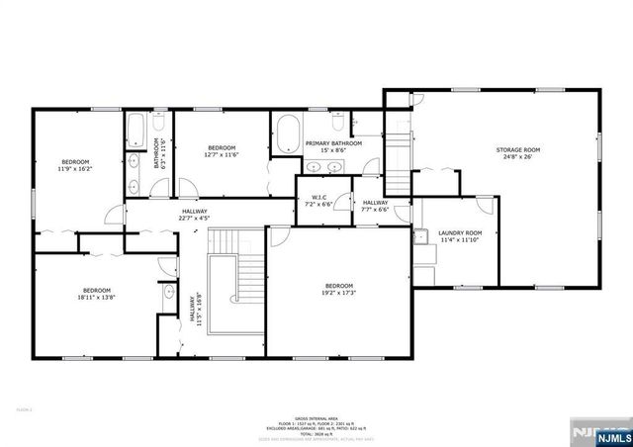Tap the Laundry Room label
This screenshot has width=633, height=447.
click(x=460, y=235)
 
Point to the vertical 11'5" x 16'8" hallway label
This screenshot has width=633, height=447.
click(x=196, y=310)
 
